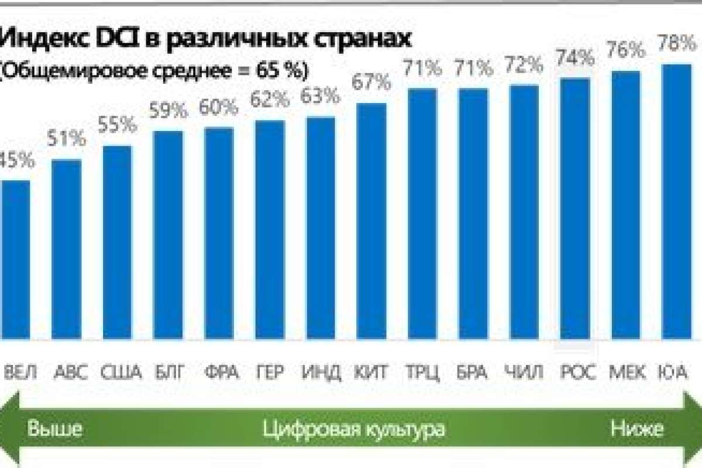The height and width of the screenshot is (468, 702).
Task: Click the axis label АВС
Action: point(70,372)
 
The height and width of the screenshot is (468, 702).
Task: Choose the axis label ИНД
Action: point(321,372)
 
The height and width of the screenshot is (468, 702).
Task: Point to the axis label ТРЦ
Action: point(422,372)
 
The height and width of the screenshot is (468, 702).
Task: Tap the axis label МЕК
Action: point(628,372)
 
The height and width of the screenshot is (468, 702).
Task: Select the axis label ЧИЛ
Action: point(524,372)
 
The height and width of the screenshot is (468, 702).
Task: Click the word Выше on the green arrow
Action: point(55,429)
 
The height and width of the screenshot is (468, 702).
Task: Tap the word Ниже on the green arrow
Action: point(638,429)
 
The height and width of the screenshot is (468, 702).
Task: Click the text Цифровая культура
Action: point(354,429)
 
